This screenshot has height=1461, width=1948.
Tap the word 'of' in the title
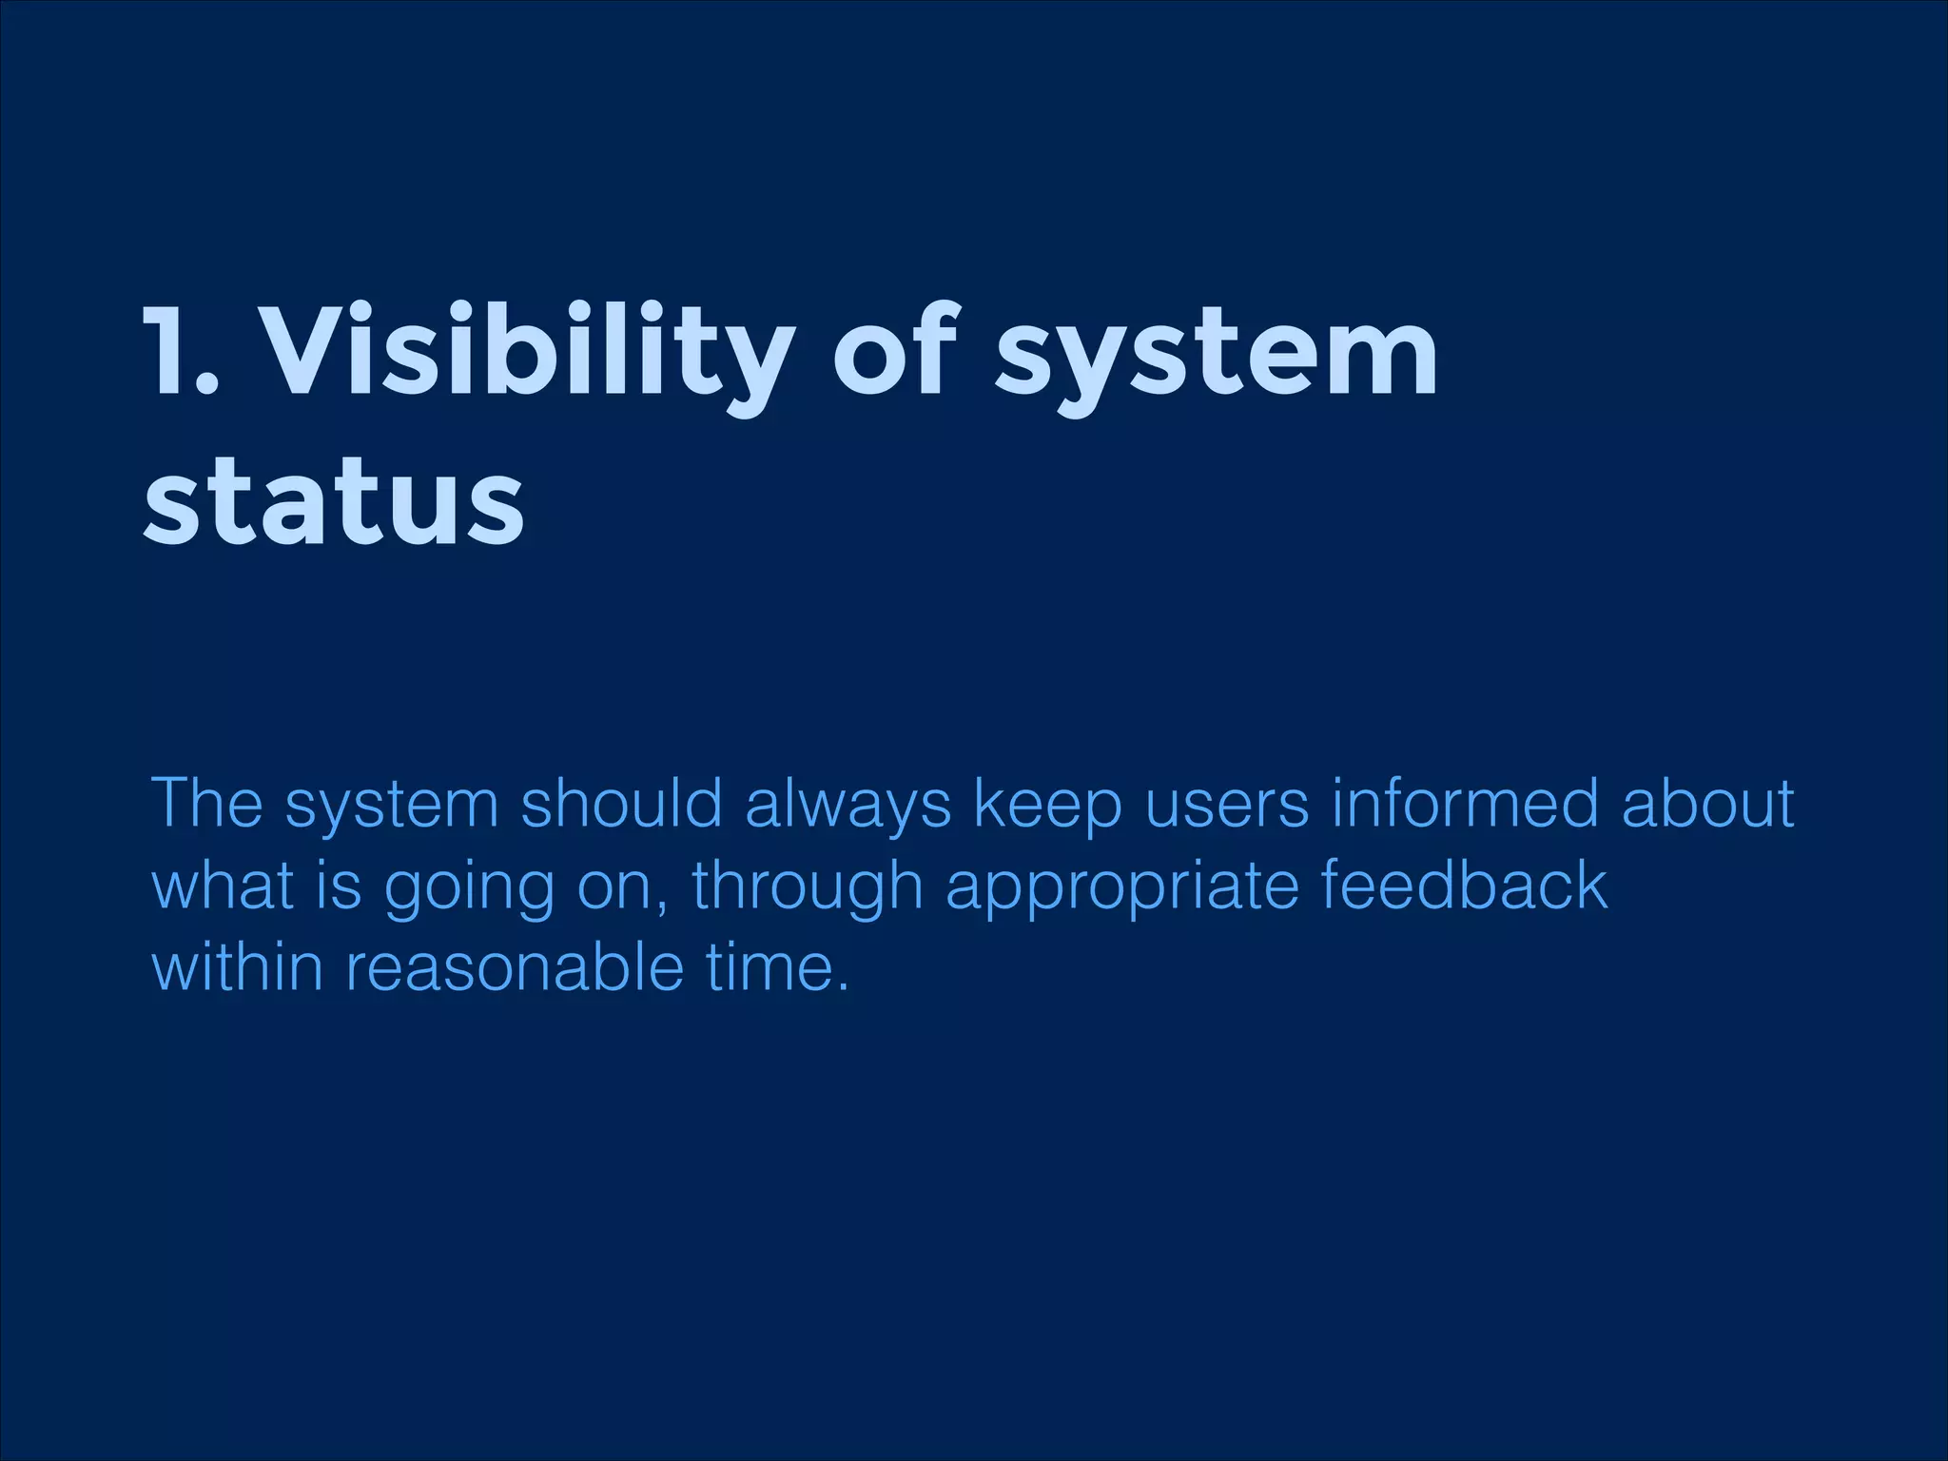(x=894, y=351)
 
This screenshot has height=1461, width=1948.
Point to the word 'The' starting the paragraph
(x=206, y=804)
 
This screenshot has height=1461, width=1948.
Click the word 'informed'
(x=1465, y=804)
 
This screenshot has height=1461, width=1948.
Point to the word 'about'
(x=1707, y=804)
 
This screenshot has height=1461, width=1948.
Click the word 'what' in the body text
(x=223, y=886)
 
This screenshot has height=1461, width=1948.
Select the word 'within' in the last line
(x=238, y=967)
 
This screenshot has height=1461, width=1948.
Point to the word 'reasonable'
(x=515, y=967)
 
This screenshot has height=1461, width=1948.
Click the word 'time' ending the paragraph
(x=767, y=967)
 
